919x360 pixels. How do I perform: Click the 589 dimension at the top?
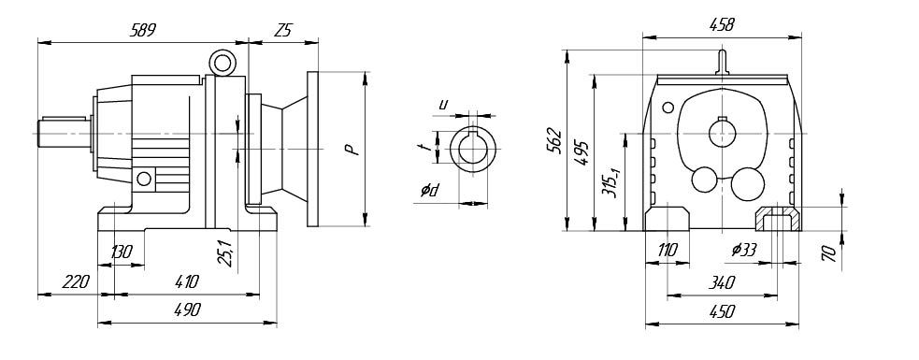pos(142,31)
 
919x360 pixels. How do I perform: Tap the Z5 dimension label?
pos(282,31)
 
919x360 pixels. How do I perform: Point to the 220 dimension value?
pos(76,281)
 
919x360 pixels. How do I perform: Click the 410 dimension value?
pos(186,281)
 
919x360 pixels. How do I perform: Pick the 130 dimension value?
pos(122,252)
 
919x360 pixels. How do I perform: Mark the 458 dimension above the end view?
pos(721,24)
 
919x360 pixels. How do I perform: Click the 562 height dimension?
pos(553,140)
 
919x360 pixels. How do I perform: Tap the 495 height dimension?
pos(582,151)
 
